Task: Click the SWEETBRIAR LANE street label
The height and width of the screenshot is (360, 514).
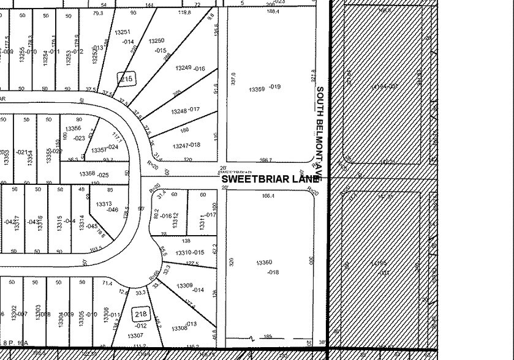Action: (270, 179)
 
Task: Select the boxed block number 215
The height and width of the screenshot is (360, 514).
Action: (127, 79)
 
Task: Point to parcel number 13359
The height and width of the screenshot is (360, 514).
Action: (257, 89)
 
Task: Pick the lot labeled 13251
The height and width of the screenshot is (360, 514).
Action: (123, 32)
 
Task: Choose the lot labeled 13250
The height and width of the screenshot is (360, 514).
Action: (157, 40)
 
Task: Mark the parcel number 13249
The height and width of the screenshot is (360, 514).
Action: (183, 68)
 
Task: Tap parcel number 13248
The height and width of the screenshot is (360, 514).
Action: (179, 111)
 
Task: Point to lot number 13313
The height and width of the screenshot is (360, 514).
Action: (104, 204)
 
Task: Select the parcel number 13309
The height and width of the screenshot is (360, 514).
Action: (184, 286)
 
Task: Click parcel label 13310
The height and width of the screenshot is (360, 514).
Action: (183, 253)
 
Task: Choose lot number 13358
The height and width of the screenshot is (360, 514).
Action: (87, 174)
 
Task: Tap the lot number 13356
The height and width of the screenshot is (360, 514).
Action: (74, 128)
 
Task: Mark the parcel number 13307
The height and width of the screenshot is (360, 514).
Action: (135, 336)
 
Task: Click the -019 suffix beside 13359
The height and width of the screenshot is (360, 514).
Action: (274, 87)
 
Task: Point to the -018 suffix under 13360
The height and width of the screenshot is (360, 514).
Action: (273, 272)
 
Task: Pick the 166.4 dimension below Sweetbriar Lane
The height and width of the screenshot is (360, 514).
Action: (268, 197)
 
